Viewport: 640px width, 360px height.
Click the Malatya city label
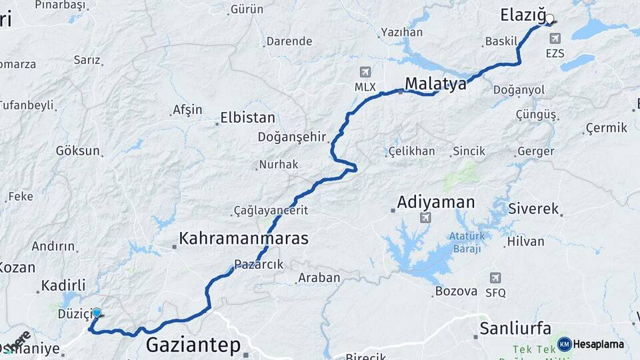click(x=435, y=84)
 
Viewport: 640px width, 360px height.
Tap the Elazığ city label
click(x=523, y=15)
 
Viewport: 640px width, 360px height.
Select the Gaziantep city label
click(x=193, y=345)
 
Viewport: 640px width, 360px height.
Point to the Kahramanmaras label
click(x=243, y=238)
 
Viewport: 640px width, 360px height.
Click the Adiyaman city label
click(x=436, y=201)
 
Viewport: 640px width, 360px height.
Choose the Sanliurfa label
click(x=515, y=328)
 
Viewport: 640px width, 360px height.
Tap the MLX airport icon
click(x=365, y=72)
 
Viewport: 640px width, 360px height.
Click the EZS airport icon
click(x=555, y=38)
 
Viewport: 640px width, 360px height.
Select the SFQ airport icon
click(x=495, y=277)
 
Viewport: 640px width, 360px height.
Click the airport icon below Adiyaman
click(x=425, y=217)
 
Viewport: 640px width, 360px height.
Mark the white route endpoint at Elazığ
click(x=550, y=19)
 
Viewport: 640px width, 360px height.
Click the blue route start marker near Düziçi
click(x=97, y=313)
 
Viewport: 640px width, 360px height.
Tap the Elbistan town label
click(x=249, y=118)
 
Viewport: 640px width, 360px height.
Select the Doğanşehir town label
click(x=292, y=137)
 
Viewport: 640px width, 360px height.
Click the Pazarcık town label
click(x=259, y=265)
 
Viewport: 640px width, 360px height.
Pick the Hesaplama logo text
click(x=598, y=345)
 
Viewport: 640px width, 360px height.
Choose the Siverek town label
click(x=533, y=209)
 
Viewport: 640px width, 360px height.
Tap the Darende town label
click(x=289, y=41)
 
